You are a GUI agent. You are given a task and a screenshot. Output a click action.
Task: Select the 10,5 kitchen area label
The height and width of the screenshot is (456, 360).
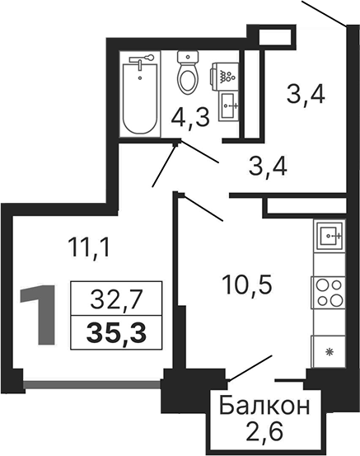[x=247, y=285]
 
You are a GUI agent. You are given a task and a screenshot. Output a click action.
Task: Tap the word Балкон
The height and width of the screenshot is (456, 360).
[x=264, y=406]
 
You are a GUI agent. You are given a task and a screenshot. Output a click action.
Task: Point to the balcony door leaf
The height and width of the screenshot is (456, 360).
[x=250, y=368]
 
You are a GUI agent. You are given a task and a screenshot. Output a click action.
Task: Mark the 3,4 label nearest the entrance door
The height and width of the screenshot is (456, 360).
[x=306, y=96]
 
